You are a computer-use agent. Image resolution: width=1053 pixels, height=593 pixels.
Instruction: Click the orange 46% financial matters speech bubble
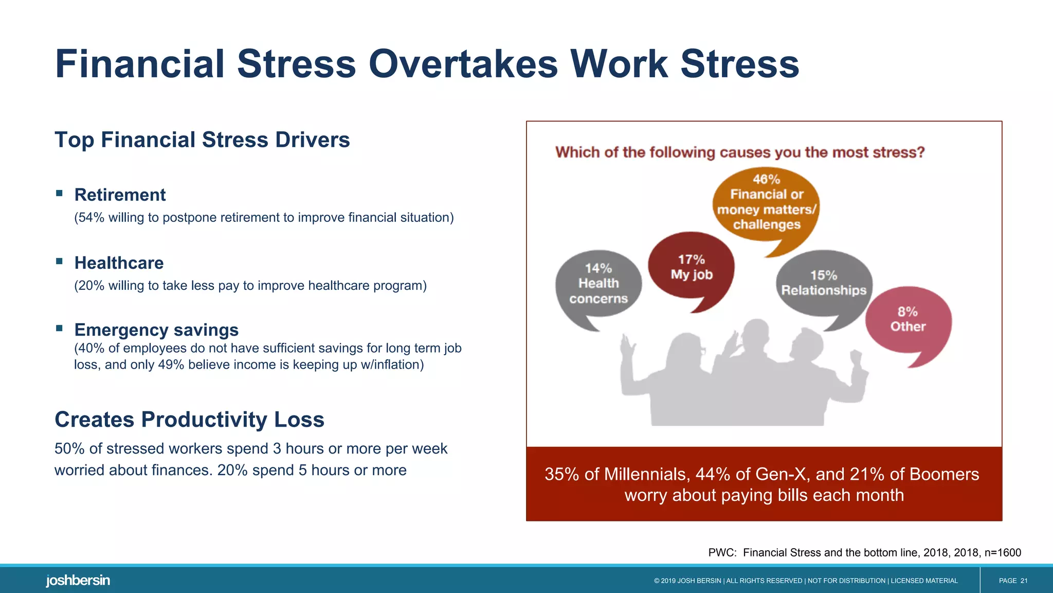[x=766, y=203]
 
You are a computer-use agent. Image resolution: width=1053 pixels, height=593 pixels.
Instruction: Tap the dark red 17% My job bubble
[x=691, y=268]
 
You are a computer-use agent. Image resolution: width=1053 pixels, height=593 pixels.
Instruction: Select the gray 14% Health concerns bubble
[x=598, y=284]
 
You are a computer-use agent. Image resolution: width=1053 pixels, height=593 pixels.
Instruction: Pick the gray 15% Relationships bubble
[x=824, y=284]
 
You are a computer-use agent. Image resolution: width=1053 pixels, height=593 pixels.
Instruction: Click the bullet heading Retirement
[x=120, y=195]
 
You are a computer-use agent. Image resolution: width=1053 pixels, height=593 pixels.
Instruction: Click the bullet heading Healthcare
[x=119, y=263]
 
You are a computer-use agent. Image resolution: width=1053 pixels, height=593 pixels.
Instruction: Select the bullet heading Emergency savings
[x=156, y=330]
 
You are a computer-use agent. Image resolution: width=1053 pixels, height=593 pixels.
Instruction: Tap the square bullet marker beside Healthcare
[x=60, y=261]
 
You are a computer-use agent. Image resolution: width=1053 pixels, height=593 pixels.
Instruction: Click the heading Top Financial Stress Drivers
[x=202, y=140]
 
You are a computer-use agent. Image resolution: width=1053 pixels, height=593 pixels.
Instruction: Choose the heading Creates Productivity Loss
[x=189, y=420]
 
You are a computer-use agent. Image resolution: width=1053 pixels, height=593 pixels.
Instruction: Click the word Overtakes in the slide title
[x=463, y=64]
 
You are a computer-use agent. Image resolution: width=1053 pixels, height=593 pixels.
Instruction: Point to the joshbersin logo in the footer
[x=78, y=581]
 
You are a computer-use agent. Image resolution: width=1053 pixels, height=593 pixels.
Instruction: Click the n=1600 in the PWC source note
[x=1002, y=553]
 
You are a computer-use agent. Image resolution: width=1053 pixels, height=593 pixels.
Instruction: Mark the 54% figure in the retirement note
[x=91, y=218]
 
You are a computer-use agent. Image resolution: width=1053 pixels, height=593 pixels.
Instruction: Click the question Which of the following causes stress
[x=739, y=152]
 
